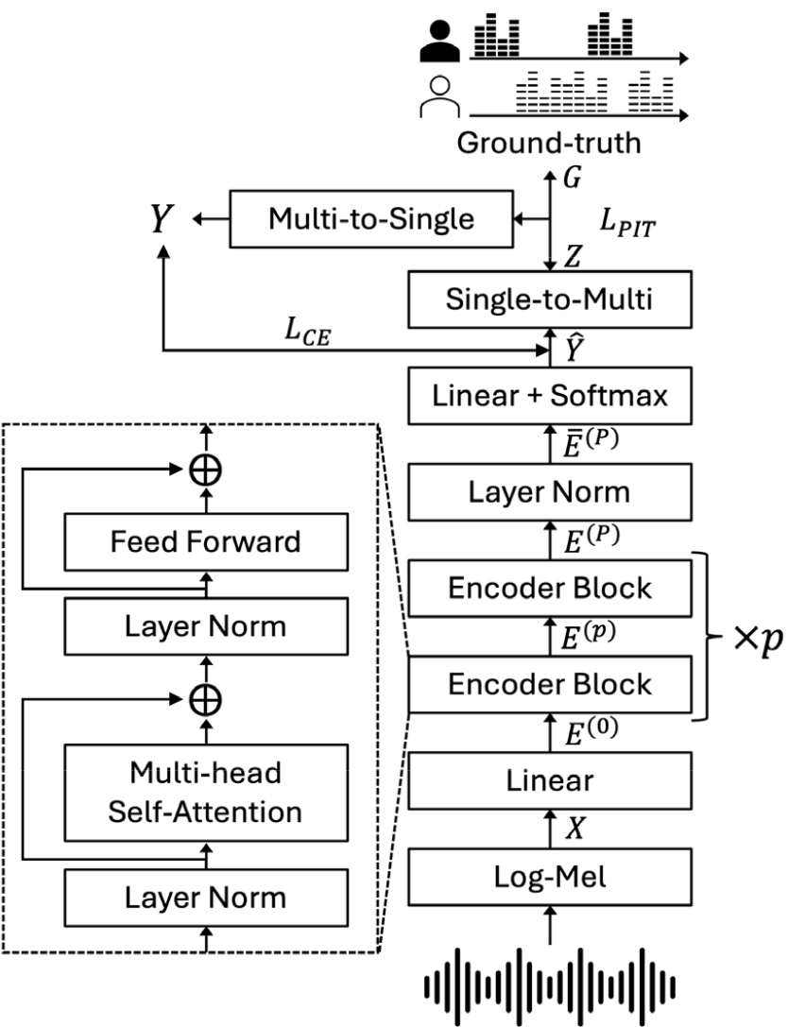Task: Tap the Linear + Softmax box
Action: tap(550, 395)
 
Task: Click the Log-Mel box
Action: tap(550, 878)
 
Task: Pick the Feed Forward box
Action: tap(205, 541)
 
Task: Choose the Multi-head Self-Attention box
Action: tap(205, 793)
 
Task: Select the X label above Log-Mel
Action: tap(575, 829)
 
